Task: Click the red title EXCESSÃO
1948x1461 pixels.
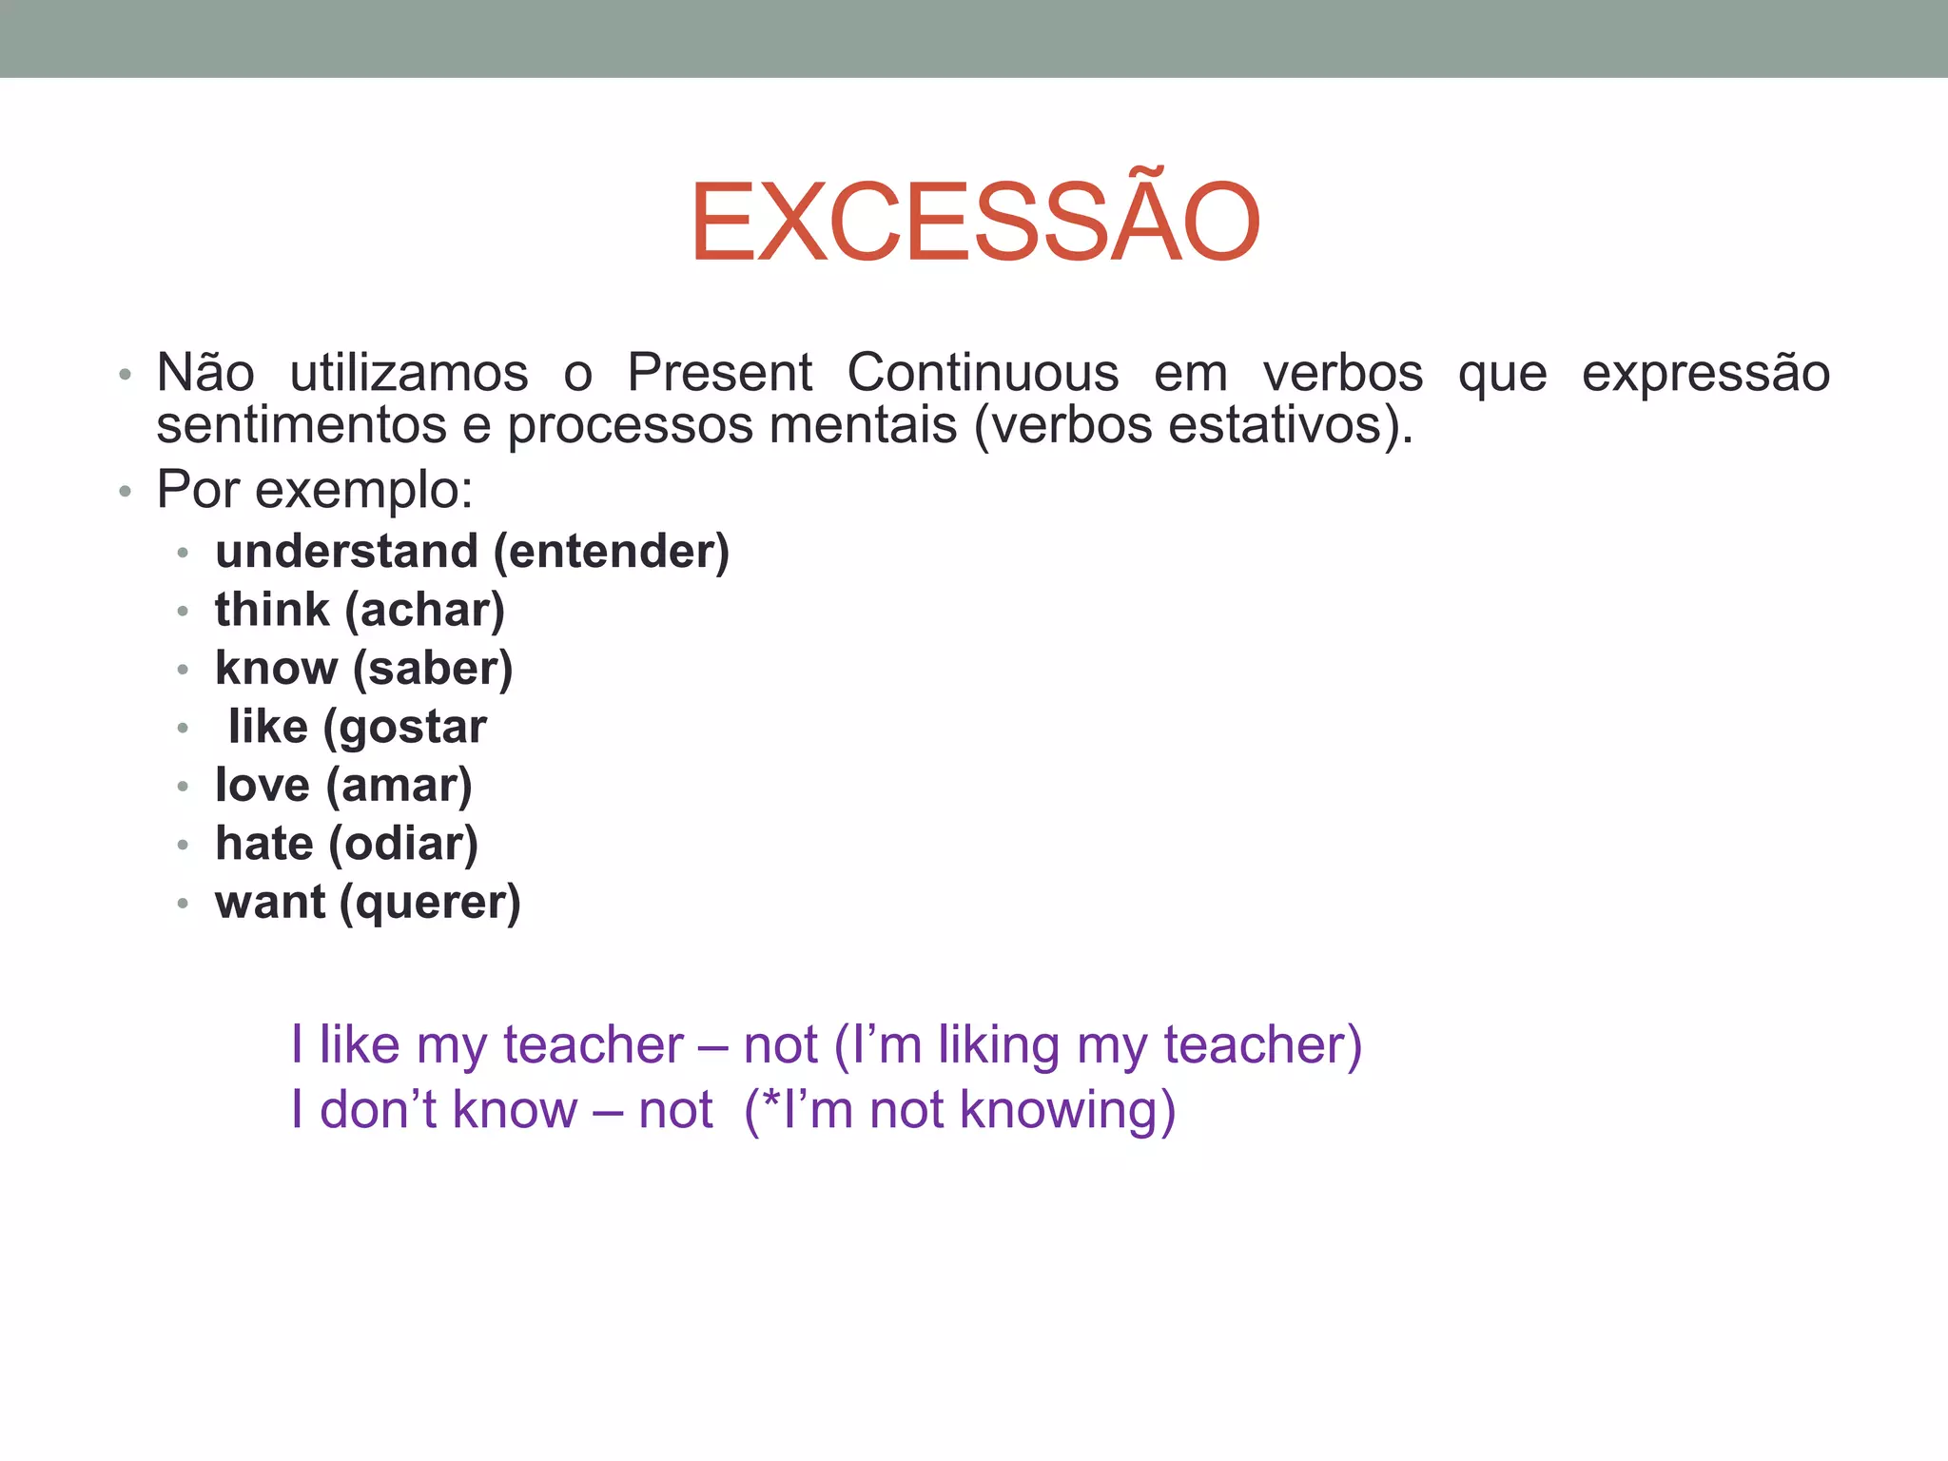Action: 975,223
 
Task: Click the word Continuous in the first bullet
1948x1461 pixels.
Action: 983,372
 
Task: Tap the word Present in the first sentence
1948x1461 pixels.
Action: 719,372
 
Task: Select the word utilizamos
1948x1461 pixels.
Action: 409,372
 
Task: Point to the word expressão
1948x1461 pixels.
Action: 1705,372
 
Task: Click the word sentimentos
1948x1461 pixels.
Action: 302,425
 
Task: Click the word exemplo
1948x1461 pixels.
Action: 361,492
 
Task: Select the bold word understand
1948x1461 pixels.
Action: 346,552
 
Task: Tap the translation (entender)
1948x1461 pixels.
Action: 612,552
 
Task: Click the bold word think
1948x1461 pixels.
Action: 272,610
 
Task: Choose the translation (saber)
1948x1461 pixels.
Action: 433,669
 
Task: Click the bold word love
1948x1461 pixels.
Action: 263,786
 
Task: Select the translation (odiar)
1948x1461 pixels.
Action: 403,845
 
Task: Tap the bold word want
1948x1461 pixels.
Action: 270,903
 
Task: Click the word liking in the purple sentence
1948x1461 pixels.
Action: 999,1045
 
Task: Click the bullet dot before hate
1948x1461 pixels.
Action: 184,845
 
